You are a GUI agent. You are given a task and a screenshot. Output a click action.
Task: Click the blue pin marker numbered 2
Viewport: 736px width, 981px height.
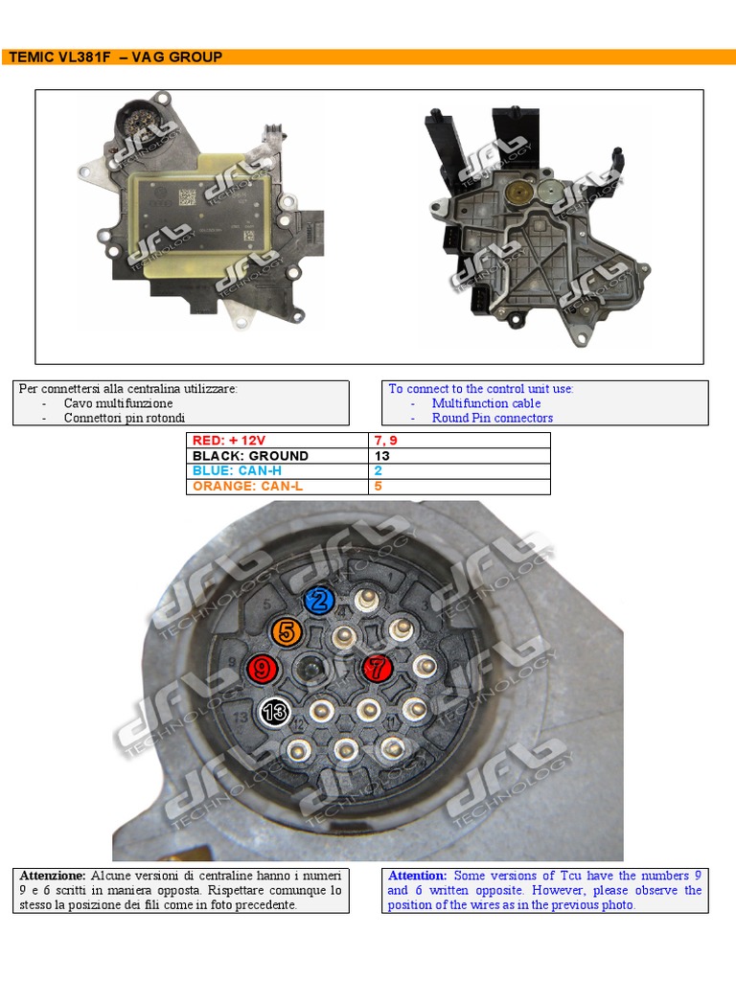(319, 601)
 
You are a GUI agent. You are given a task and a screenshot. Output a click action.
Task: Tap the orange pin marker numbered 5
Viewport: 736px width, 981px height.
(287, 632)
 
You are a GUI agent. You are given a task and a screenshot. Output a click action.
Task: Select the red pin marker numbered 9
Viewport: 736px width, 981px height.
(263, 669)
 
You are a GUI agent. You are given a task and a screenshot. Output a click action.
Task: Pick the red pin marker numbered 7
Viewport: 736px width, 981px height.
(378, 668)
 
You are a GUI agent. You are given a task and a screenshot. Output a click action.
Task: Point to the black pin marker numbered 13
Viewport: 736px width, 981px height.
(274, 712)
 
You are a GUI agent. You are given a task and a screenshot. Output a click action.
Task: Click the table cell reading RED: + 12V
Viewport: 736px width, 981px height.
(277, 441)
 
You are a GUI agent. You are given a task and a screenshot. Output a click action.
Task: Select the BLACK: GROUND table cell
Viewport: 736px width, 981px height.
(277, 455)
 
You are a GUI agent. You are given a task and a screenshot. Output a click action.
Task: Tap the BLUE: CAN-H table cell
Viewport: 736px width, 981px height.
(277, 471)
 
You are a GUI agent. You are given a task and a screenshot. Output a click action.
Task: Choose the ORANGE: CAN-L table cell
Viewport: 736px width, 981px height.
(277, 487)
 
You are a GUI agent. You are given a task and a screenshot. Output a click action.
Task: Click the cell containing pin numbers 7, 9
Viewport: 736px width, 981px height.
(459, 441)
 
